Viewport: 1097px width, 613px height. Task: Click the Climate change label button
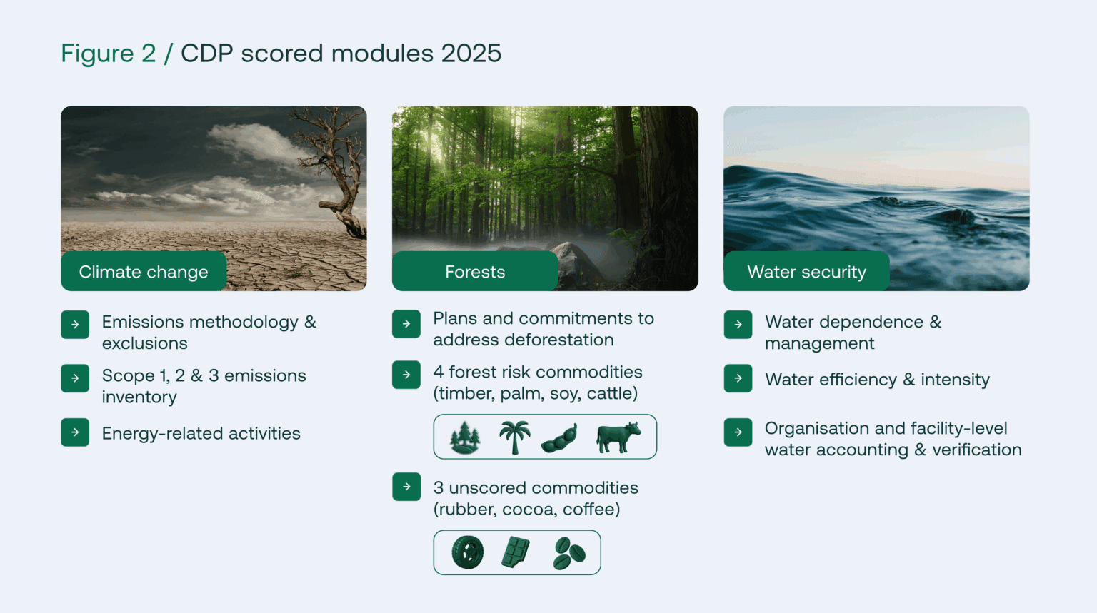click(x=144, y=272)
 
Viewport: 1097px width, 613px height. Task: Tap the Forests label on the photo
click(x=475, y=272)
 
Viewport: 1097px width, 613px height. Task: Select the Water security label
click(x=806, y=272)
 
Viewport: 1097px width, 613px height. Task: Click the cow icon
click(x=618, y=437)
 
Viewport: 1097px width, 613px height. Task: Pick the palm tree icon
click(x=514, y=437)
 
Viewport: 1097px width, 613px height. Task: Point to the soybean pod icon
click(x=559, y=438)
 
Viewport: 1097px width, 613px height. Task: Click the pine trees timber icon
click(x=465, y=437)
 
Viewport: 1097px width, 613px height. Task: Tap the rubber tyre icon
click(x=468, y=552)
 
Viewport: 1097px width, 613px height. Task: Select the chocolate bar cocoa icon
click(x=516, y=552)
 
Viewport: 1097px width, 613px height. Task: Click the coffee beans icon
click(x=568, y=553)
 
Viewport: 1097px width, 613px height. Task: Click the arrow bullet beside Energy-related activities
click(x=75, y=432)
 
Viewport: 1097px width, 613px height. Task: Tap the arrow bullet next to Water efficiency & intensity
click(x=738, y=378)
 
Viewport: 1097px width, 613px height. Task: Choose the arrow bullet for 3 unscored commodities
click(x=406, y=487)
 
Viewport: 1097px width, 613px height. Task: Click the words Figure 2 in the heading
click(x=108, y=54)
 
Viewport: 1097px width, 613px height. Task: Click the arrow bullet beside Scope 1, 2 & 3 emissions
click(x=75, y=378)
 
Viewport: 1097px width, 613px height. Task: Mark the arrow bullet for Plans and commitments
click(x=406, y=324)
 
